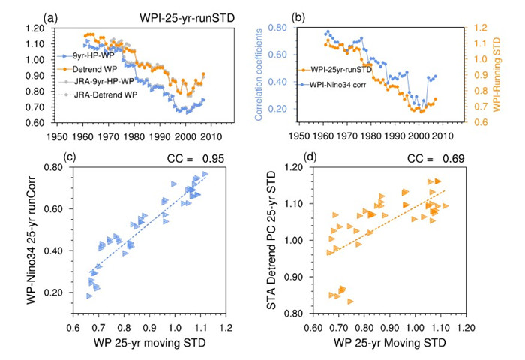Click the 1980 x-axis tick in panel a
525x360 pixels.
[x=134, y=139]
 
